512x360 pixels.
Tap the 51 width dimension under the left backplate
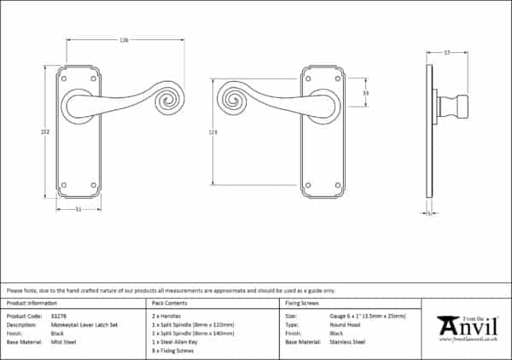tap(79, 209)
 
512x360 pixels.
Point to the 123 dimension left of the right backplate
tap(212, 131)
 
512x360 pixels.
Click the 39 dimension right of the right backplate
tap(365, 92)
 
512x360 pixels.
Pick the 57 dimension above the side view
tap(446, 53)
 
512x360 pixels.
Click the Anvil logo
tap(468, 328)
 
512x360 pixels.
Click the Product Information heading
tap(32, 303)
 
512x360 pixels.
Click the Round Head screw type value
tap(345, 324)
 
